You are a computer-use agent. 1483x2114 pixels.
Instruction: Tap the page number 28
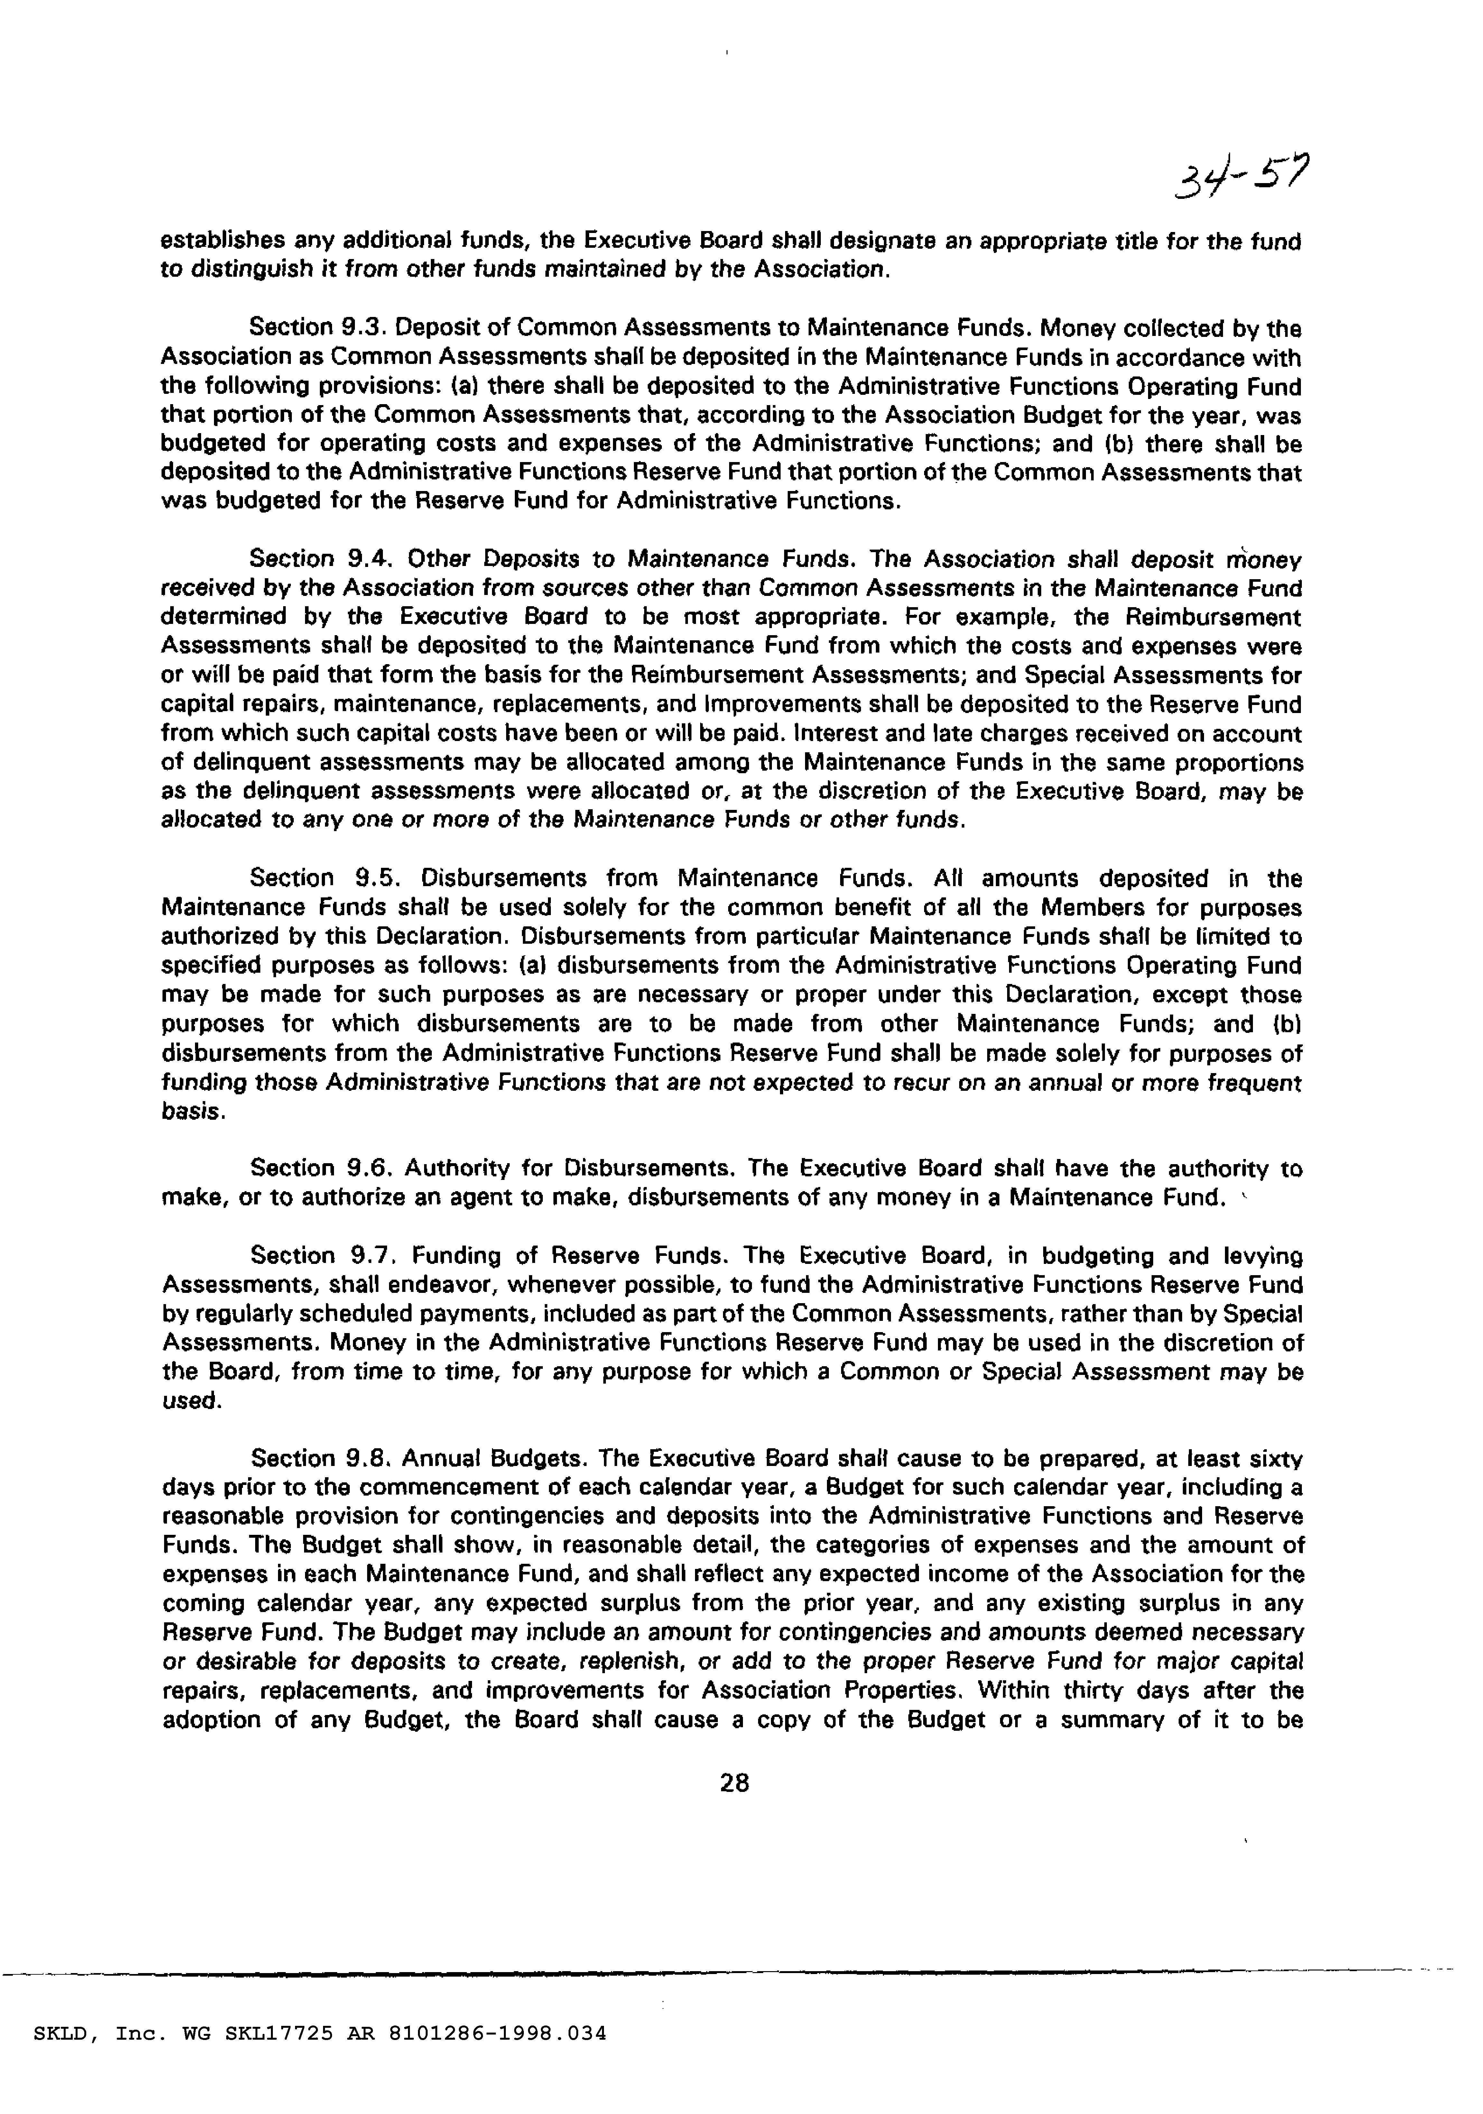pos(735,1784)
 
